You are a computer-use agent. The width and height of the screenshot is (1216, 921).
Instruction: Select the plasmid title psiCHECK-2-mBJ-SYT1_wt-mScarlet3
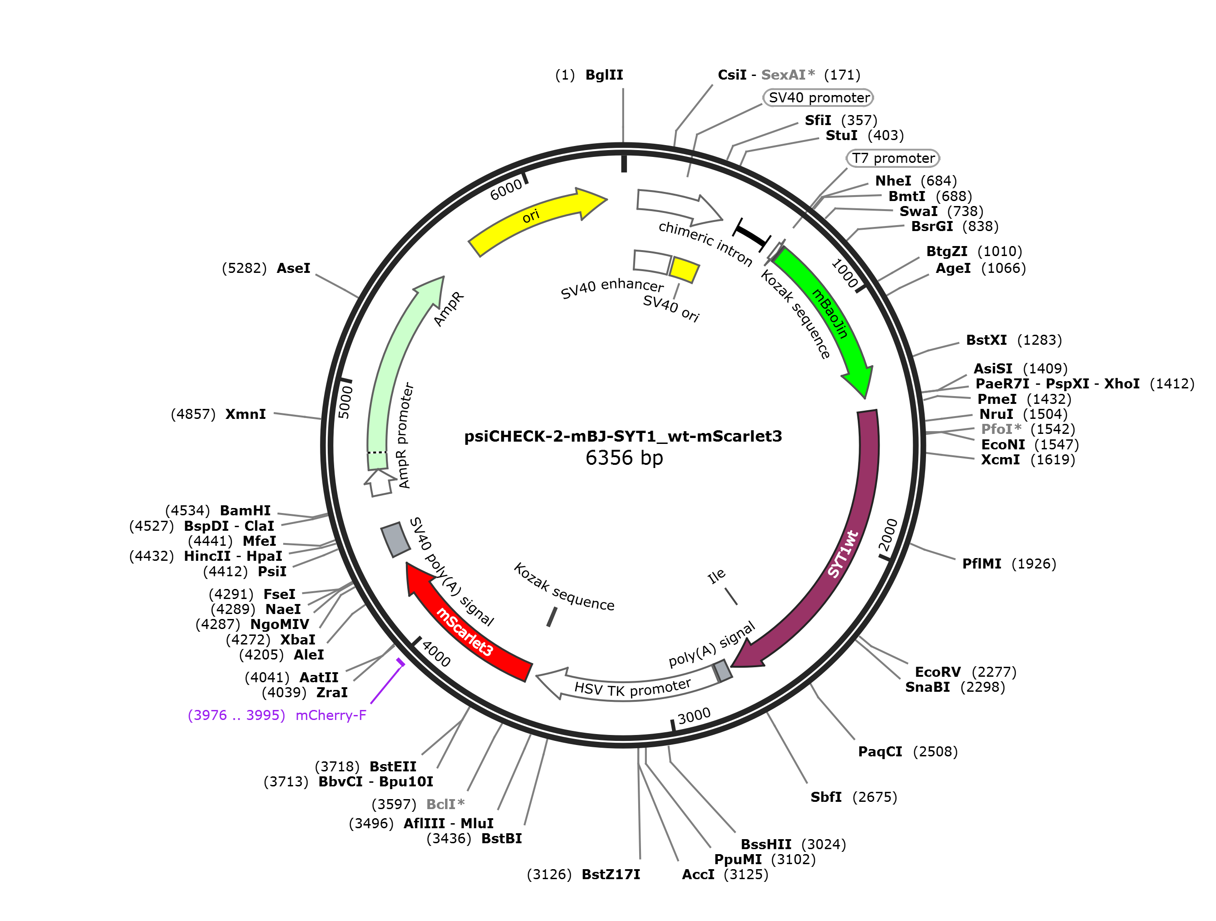coord(623,436)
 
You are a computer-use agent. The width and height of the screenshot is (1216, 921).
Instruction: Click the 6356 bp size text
coord(624,458)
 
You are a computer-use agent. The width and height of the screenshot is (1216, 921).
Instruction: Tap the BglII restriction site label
coord(604,75)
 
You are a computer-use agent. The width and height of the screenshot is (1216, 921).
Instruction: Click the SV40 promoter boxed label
coord(818,97)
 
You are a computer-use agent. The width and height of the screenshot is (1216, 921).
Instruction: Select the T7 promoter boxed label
coord(893,158)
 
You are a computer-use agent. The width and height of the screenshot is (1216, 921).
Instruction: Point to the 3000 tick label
coord(694,716)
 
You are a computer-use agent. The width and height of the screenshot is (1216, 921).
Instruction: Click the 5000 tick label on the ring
coord(345,402)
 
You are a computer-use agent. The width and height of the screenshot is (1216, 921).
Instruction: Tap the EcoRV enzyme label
coord(937,671)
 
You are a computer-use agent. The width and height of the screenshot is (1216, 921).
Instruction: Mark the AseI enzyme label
coord(293,268)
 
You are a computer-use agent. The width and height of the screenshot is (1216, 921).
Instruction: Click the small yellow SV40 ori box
coord(684,269)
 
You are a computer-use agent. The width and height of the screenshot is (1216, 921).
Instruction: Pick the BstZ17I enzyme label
coord(611,874)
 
